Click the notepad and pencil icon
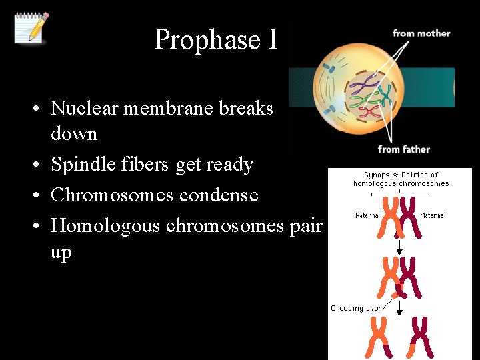coord(31,27)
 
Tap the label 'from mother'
coord(421,33)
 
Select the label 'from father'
coord(403,149)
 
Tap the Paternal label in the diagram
coord(367,215)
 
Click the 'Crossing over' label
coord(357,308)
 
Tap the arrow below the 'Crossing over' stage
coord(399,308)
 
